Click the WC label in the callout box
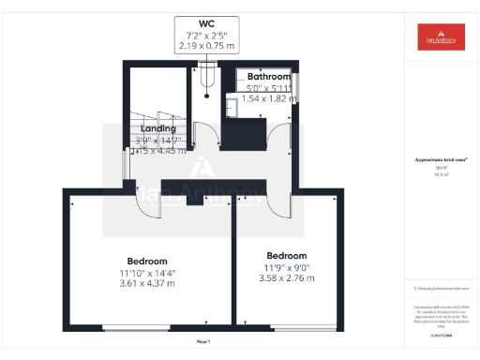(x=206, y=23)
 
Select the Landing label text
(x=158, y=128)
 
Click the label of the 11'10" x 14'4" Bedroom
(x=147, y=261)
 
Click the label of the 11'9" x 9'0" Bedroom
(x=286, y=256)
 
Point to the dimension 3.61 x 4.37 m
(x=147, y=283)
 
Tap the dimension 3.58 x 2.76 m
(x=286, y=278)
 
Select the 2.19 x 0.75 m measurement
(x=206, y=46)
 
